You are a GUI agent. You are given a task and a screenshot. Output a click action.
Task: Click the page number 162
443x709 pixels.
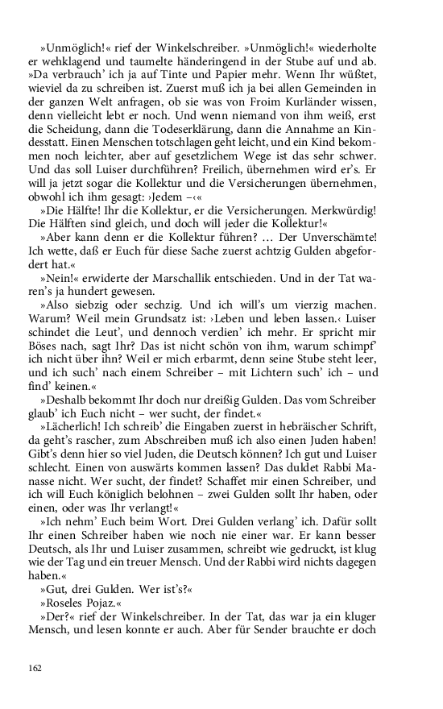[x=35, y=668]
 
